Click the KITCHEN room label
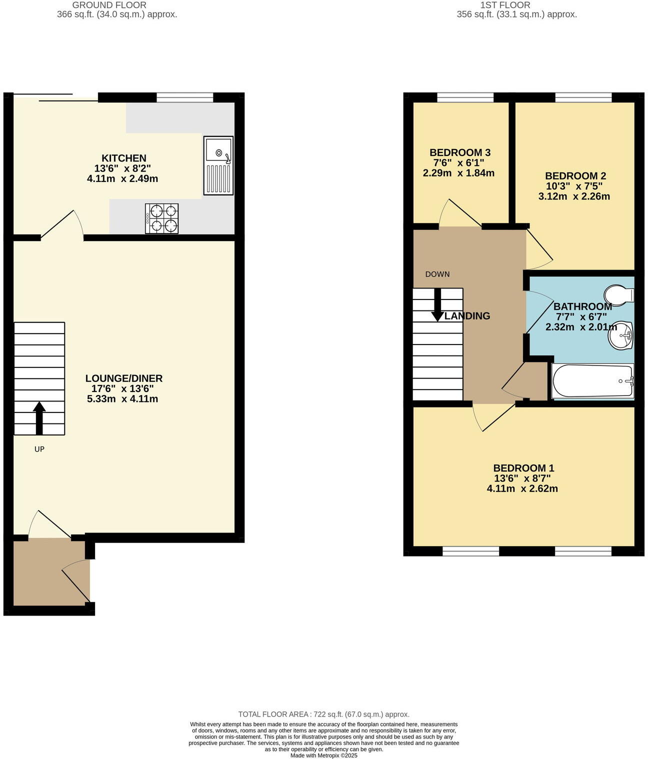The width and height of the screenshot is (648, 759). click(x=124, y=158)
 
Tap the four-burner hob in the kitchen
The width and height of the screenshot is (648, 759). click(x=161, y=218)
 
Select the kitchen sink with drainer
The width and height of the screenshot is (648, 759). click(x=218, y=165)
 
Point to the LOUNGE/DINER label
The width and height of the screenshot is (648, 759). click(x=123, y=378)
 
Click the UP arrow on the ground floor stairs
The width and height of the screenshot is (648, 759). click(x=39, y=417)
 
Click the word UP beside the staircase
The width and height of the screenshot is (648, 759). click(x=39, y=449)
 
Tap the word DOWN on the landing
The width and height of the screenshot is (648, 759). click(x=437, y=274)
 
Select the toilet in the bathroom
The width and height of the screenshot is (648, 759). click(x=619, y=294)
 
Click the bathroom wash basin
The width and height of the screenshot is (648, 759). click(x=620, y=335)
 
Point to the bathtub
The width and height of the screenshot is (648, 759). click(x=592, y=381)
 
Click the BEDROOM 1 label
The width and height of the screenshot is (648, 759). click(x=523, y=468)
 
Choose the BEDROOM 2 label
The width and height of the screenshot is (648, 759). click(x=575, y=176)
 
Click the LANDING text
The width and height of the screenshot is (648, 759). click(x=467, y=316)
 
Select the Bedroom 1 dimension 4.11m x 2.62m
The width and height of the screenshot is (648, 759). click(x=522, y=488)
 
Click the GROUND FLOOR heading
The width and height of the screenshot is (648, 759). click(x=109, y=5)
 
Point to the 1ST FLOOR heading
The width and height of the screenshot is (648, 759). click(x=505, y=5)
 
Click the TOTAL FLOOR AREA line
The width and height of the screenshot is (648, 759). click(x=323, y=714)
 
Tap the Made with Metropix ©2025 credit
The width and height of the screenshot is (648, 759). click(x=323, y=755)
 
